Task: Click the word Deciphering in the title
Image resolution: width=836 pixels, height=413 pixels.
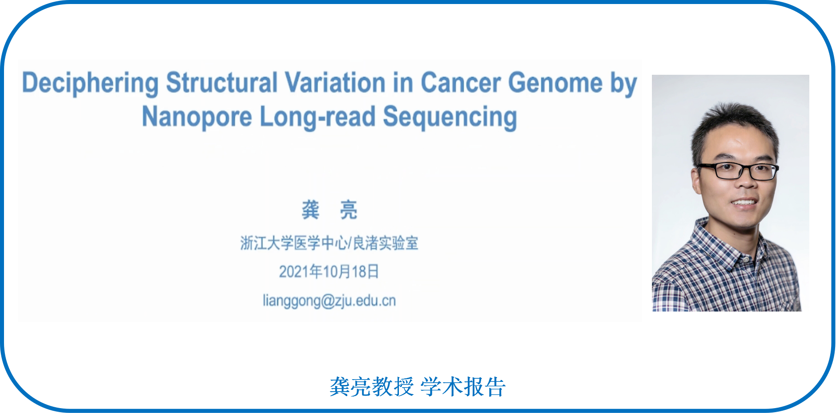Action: pyautogui.click(x=90, y=83)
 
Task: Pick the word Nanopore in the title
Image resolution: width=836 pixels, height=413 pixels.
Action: pyautogui.click(x=197, y=117)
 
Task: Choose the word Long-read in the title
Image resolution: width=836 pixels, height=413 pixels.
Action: pyautogui.click(x=318, y=117)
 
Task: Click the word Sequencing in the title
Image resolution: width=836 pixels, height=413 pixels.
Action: pyautogui.click(x=450, y=117)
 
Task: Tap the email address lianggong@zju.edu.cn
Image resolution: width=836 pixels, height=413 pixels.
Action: pyautogui.click(x=329, y=301)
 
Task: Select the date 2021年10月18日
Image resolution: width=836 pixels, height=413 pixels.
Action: pyautogui.click(x=329, y=271)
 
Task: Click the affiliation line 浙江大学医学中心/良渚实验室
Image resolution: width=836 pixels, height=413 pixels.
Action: pyautogui.click(x=329, y=243)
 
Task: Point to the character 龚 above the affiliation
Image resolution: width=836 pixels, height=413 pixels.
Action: pyautogui.click(x=310, y=210)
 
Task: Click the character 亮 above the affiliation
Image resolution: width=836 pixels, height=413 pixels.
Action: pyautogui.click(x=349, y=210)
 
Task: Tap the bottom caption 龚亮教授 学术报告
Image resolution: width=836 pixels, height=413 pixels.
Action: pyautogui.click(x=417, y=386)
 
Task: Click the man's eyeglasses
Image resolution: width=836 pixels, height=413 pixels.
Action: pyautogui.click(x=737, y=171)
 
